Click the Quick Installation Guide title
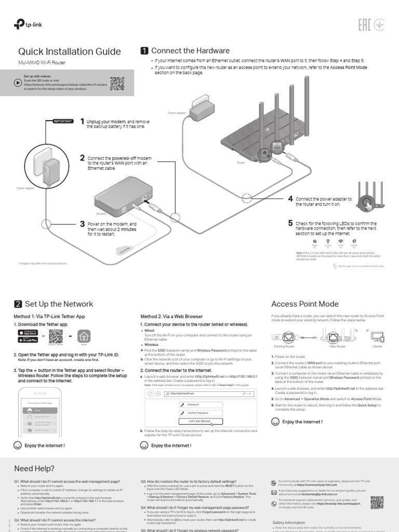pyautogui.click(x=70, y=51)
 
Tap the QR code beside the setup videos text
pyautogui.click(x=117, y=83)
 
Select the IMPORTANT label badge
pyautogui.click(x=62, y=121)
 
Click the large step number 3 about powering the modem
pyautogui.click(x=82, y=224)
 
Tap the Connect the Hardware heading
pyautogui.click(x=190, y=51)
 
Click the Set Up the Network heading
pyautogui.click(x=59, y=304)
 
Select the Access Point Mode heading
pyautogui.click(x=305, y=304)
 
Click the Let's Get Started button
pyautogui.click(x=200, y=421)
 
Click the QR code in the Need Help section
pyautogui.click(x=377, y=502)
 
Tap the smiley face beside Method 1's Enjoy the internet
pyautogui.click(x=18, y=445)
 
